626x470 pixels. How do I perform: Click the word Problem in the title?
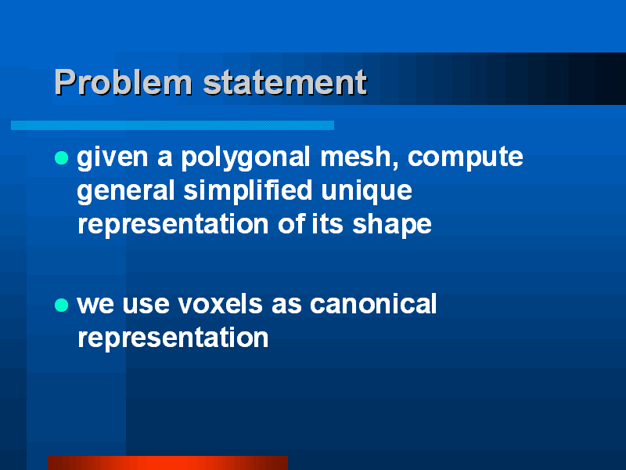click(x=124, y=82)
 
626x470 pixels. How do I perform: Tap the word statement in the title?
click(x=285, y=82)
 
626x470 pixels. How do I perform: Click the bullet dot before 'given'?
click(x=62, y=157)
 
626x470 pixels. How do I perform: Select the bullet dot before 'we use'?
click(x=62, y=305)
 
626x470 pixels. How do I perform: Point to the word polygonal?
click(x=246, y=158)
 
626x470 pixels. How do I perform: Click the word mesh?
click(x=359, y=157)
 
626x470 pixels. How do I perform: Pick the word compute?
click(x=465, y=158)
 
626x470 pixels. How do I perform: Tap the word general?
click(x=126, y=191)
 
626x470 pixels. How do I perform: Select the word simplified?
click(x=247, y=190)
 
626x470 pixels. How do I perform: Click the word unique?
click(x=366, y=191)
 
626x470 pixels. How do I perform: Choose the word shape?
click(x=392, y=225)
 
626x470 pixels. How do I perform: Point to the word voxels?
click(x=220, y=304)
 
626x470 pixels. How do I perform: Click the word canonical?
click(x=373, y=304)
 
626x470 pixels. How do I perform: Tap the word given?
click(x=113, y=158)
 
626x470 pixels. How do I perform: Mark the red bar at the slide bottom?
click(x=167, y=463)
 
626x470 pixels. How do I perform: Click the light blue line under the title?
click(x=172, y=125)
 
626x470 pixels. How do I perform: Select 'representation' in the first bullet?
click(x=173, y=225)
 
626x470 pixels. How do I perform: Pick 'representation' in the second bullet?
click(x=173, y=338)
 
